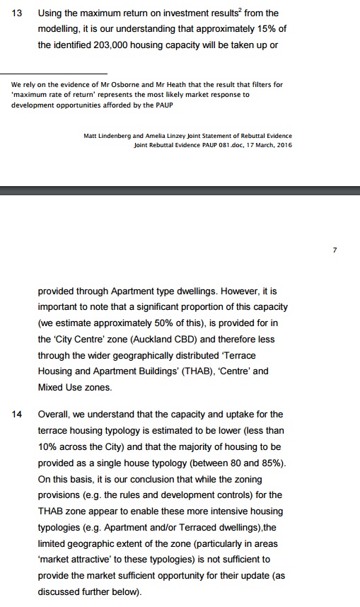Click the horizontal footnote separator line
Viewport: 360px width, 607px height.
59,73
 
